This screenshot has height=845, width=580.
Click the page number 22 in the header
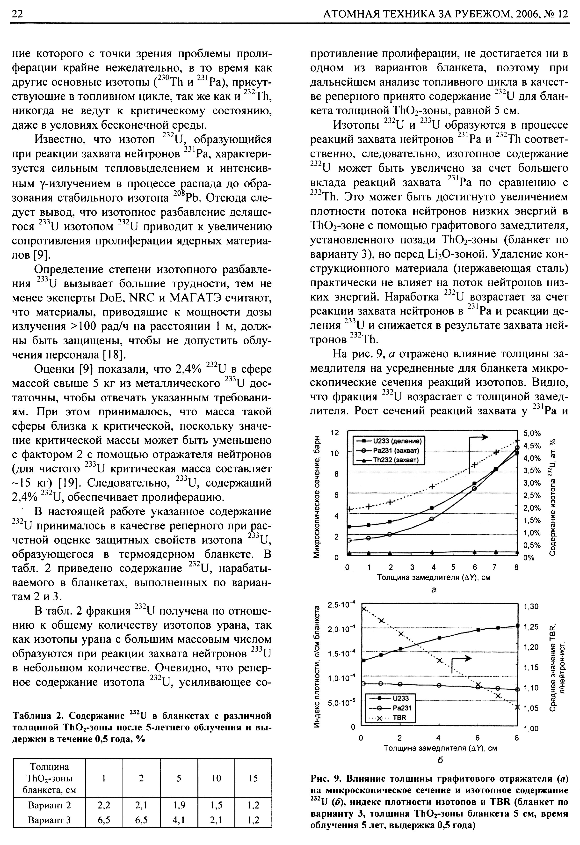pyautogui.click(x=17, y=14)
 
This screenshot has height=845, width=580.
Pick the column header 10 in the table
pyautogui.click(x=216, y=788)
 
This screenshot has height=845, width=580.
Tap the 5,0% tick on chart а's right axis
pyautogui.click(x=532, y=434)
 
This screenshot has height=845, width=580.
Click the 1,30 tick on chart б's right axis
pyautogui.click(x=530, y=606)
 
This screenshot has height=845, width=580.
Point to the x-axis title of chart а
pyautogui.click(x=434, y=577)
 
